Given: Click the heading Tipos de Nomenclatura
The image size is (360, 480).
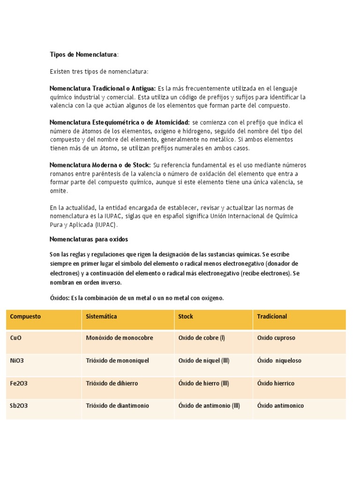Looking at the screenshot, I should coord(83,55).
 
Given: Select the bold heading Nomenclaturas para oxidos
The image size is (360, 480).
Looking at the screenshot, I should coord(89,239).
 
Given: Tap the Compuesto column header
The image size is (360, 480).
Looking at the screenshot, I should coord(25,316).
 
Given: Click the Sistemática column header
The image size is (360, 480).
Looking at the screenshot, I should coord(102,316).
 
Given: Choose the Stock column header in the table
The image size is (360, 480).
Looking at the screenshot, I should coord(186,316).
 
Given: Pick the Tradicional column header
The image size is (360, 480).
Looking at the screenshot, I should coord(272,316).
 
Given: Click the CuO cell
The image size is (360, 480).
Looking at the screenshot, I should coord(15,338).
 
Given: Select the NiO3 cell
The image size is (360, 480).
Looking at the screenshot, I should coord(18,361).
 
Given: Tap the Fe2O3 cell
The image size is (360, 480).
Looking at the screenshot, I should coord(19,383).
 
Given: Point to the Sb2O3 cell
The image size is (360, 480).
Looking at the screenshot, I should coord(19,406).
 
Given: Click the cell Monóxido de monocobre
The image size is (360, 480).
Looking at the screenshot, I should coord(120,338).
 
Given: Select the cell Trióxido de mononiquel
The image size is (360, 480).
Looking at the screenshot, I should coord(118,361).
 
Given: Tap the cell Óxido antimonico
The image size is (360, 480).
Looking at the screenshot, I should coord(280,406).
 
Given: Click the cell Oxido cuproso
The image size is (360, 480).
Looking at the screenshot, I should coord(276,338).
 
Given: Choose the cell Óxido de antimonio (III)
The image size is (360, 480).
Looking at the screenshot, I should coord(209,406).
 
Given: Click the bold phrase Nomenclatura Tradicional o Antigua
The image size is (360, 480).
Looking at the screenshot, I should coord(103,89).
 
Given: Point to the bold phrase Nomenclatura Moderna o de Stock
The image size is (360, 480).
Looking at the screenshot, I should coord(100,165).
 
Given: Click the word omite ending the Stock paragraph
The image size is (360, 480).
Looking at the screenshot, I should coord(59,191).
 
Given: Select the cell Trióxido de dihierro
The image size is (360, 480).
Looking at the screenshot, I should coord(112,383).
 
